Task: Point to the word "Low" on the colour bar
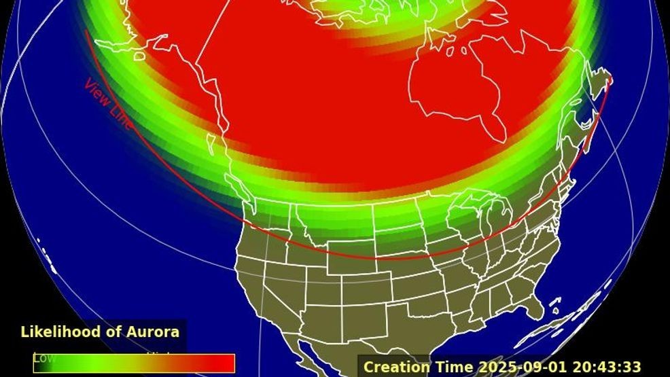44,357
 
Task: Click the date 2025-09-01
513,367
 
